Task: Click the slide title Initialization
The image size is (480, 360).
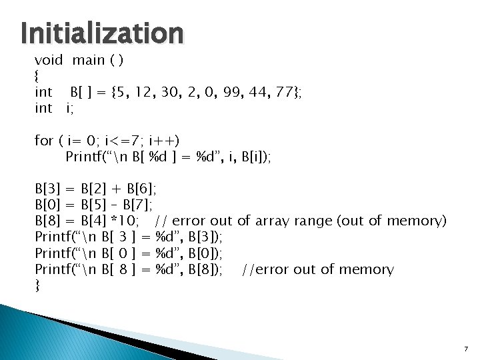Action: pos(101,31)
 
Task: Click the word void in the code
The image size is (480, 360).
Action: pos(49,60)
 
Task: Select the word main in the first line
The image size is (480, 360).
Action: pos(89,60)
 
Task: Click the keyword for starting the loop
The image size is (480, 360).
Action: pos(44,140)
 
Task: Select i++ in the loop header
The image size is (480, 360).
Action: pos(164,140)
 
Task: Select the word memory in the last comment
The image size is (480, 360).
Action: pos(368,269)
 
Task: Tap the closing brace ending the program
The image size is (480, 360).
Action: pos(37,285)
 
